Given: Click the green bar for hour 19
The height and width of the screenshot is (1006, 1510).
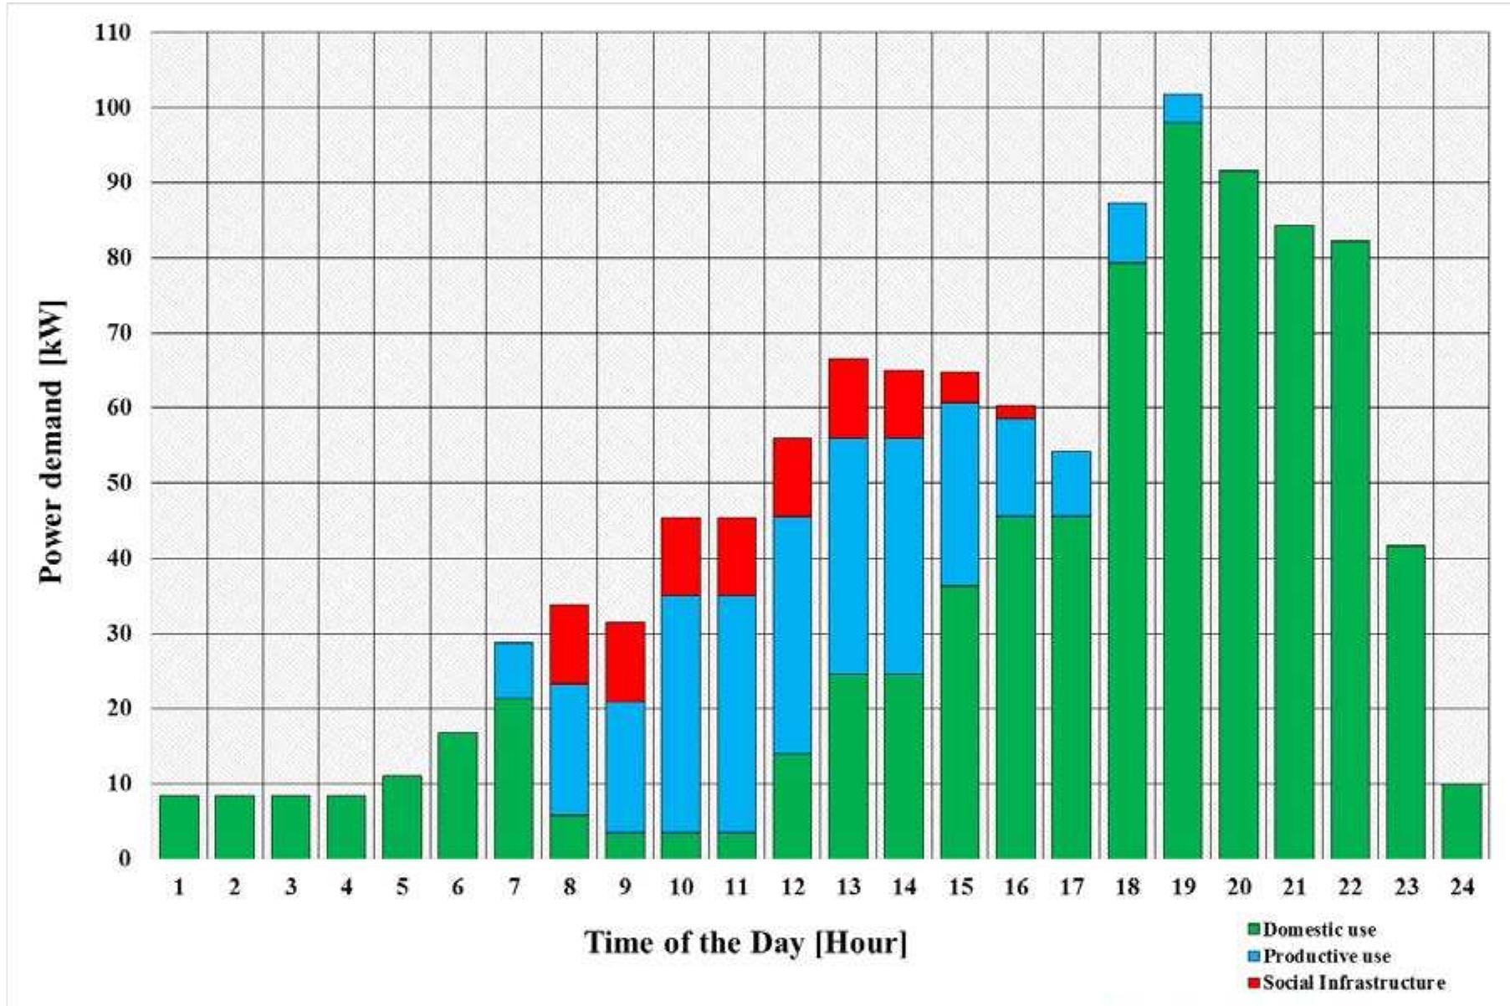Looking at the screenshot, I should coord(1182,490).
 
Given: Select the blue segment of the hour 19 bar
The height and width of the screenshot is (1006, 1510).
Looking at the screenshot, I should coord(1182,108).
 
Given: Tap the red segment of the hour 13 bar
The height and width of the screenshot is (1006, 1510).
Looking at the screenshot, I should coord(848,398).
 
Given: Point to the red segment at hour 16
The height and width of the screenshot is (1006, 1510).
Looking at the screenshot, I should coord(1016,412).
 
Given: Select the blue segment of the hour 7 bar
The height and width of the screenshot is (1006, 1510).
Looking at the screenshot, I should coord(514,670).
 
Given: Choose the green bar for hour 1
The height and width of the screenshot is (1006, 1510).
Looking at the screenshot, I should coord(179,827).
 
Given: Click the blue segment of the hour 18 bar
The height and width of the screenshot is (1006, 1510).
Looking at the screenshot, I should coord(1127,233).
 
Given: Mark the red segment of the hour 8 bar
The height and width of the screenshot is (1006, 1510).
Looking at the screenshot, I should coord(569,644).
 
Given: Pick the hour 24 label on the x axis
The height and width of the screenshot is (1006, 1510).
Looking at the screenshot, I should coord(1461,887).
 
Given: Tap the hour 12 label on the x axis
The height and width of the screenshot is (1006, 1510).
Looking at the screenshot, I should coord(792,887).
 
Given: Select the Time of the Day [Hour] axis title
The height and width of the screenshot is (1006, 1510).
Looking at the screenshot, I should coord(745,943).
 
